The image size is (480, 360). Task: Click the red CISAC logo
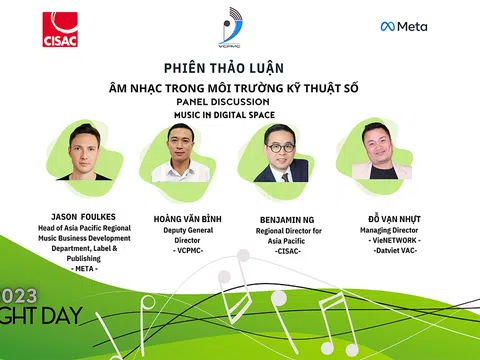pyautogui.click(x=61, y=30)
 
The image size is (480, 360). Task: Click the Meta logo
pyautogui.click(x=403, y=26)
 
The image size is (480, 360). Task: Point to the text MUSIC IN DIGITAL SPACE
pyautogui.click(x=234, y=115)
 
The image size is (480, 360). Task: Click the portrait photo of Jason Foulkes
pyautogui.click(x=84, y=152)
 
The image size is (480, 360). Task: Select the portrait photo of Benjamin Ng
pyautogui.click(x=280, y=153)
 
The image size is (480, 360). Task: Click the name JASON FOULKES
pyautogui.click(x=84, y=216)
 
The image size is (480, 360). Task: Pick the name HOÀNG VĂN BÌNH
pyautogui.click(x=182, y=216)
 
